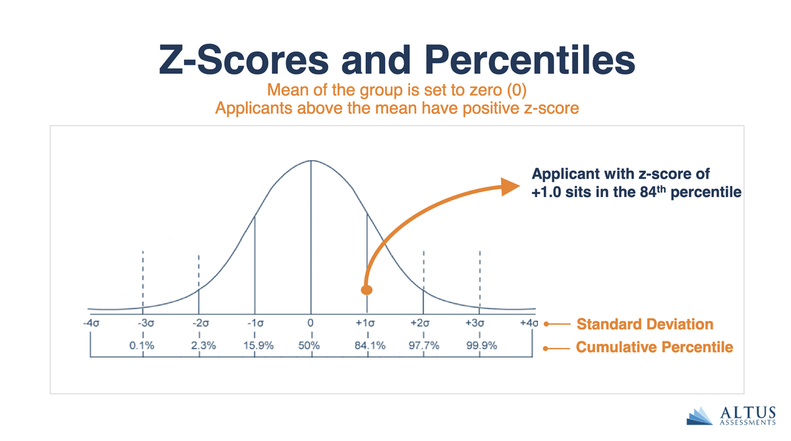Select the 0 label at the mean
[x=310, y=324]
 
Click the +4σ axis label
[x=529, y=324]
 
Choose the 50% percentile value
[x=309, y=346]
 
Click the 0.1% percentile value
[x=142, y=346]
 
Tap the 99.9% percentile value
[x=481, y=346]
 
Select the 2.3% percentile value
[x=198, y=346]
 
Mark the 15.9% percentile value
[x=253, y=346]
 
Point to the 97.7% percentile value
[x=423, y=346]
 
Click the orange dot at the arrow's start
[x=367, y=290]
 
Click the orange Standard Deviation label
[x=645, y=324]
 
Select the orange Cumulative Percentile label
[x=654, y=347]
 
